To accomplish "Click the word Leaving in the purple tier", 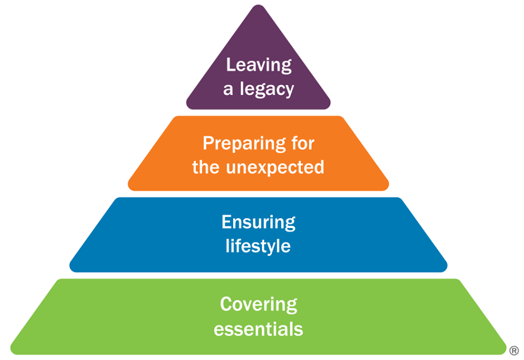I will [x=259, y=65].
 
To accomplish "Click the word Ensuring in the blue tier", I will [x=258, y=222].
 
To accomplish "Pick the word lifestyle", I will [x=258, y=246].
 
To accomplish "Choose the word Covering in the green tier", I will [x=258, y=304].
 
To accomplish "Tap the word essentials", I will [x=258, y=329].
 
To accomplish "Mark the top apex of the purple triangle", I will [x=258, y=7].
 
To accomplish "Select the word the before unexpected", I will [x=206, y=167].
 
